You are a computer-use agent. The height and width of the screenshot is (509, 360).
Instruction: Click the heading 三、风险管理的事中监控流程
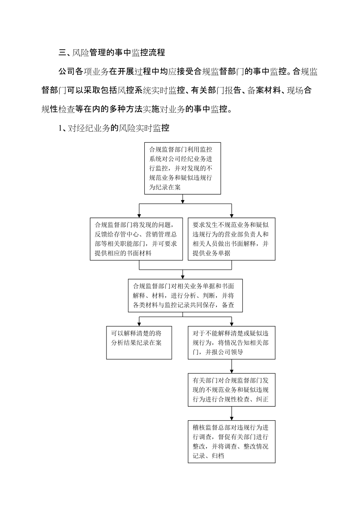pos(112,53)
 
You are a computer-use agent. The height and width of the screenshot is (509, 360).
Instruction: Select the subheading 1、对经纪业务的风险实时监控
pos(113,128)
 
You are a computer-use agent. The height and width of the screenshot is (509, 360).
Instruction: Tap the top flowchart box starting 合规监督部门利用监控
pos(182,168)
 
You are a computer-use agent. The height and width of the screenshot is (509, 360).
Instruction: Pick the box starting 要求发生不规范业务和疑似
pos(231,239)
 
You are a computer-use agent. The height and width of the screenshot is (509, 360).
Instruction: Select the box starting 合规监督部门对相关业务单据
pos(185,295)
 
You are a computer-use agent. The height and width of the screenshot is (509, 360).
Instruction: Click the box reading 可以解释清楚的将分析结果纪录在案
pos(139,342)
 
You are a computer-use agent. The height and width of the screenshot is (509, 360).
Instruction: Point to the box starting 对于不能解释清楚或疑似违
pos(231,342)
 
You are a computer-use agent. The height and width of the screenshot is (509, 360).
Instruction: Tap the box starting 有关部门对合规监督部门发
pos(231,390)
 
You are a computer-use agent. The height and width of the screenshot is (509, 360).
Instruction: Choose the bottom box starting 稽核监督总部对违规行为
pos(231,441)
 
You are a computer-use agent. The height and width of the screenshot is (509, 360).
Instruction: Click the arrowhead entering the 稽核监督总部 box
pos(232,418)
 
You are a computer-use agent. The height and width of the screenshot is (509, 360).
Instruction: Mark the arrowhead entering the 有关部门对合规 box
pos(232,371)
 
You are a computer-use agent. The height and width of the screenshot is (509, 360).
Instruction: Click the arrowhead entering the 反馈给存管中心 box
pos(139,215)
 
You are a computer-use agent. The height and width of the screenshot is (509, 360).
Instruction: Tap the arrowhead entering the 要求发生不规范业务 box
pos(232,215)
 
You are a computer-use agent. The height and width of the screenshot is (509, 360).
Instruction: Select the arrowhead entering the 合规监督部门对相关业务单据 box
pos(185,277)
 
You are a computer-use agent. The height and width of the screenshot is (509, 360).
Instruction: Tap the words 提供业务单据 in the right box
pos(212,253)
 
